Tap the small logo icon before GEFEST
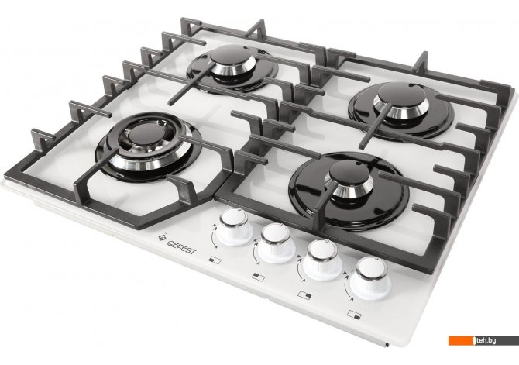(162, 238)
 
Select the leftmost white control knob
(235, 227)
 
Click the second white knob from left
(276, 243)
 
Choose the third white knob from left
(322, 260)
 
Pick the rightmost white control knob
(371, 278)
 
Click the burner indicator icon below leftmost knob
(215, 260)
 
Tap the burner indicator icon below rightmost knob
(354, 315)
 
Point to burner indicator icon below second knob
(258, 277)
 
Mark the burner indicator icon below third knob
(304, 294)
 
